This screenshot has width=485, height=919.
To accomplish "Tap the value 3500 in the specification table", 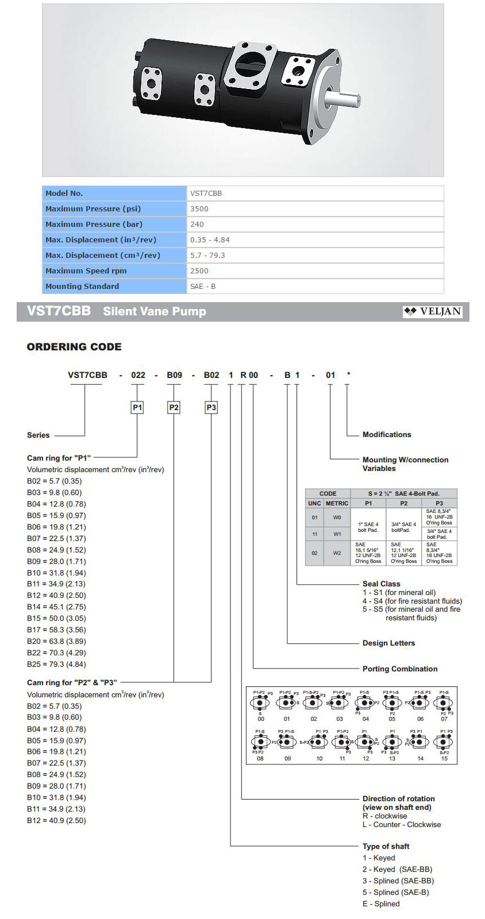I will pyautogui.click(x=199, y=209).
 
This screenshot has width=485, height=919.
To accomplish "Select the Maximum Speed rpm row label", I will pyautogui.click(x=86, y=271).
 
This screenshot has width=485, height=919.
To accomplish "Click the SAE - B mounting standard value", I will pyautogui.click(x=203, y=287).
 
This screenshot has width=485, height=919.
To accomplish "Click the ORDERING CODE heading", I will pyautogui.click(x=74, y=347).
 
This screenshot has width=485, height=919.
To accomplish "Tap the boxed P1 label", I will pyautogui.click(x=137, y=408).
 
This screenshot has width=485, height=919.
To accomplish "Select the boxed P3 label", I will pyautogui.click(x=211, y=408).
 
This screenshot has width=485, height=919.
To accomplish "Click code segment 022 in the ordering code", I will pyautogui.click(x=138, y=375).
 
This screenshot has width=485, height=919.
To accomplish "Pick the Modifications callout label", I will pyautogui.click(x=387, y=435).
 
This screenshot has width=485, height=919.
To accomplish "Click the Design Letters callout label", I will pyautogui.click(x=388, y=643).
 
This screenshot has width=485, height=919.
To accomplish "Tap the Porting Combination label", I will pyautogui.click(x=400, y=669).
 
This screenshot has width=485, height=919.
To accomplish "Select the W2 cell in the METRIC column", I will pyautogui.click(x=337, y=554).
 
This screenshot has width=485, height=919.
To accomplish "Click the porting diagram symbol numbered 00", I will pyautogui.click(x=261, y=704).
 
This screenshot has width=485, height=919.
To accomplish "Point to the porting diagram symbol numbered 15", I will pyautogui.click(x=444, y=742).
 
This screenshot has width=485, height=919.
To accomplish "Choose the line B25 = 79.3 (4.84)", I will pyautogui.click(x=56, y=665).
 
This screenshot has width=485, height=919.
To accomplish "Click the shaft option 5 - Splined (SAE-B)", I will pyautogui.click(x=395, y=893).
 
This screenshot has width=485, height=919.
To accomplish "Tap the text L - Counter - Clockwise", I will pyautogui.click(x=402, y=825).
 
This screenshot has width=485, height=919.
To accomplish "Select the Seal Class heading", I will pyautogui.click(x=381, y=584).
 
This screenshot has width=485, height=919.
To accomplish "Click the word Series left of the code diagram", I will pyautogui.click(x=39, y=435).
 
